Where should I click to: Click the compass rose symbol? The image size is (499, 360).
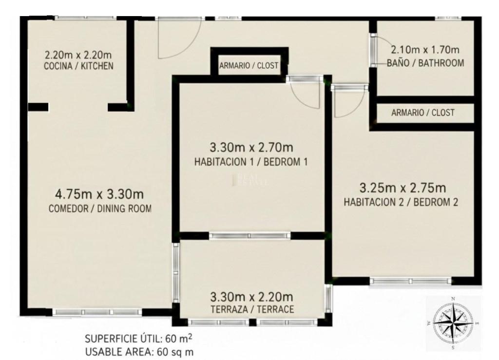pyautogui.click(x=453, y=322)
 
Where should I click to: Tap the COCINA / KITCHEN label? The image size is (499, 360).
pyautogui.click(x=78, y=66)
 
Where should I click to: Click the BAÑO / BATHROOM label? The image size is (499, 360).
pyautogui.click(x=425, y=63)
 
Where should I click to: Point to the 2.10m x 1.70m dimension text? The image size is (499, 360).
pyautogui.click(x=425, y=50)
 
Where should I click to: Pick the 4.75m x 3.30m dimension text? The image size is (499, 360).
pyautogui.click(x=99, y=194)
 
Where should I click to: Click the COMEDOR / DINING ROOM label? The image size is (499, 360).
pyautogui.click(x=100, y=209)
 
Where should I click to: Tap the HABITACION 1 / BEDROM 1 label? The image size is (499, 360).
pyautogui.click(x=251, y=162)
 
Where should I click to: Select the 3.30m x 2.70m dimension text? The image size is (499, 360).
pyautogui.click(x=251, y=148)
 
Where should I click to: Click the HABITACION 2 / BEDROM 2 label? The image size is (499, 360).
pyautogui.click(x=401, y=202)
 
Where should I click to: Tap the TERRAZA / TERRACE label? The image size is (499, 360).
pyautogui.click(x=251, y=309)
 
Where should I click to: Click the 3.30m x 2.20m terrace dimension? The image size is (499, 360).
pyautogui.click(x=251, y=296)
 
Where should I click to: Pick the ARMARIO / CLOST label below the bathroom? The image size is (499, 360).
pyautogui.click(x=422, y=113)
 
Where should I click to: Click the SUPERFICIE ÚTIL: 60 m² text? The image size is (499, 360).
pyautogui.click(x=141, y=339)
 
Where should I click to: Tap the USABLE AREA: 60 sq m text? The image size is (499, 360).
pyautogui.click(x=141, y=351)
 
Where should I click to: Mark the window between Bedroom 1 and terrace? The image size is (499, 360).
pyautogui.click(x=249, y=236)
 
